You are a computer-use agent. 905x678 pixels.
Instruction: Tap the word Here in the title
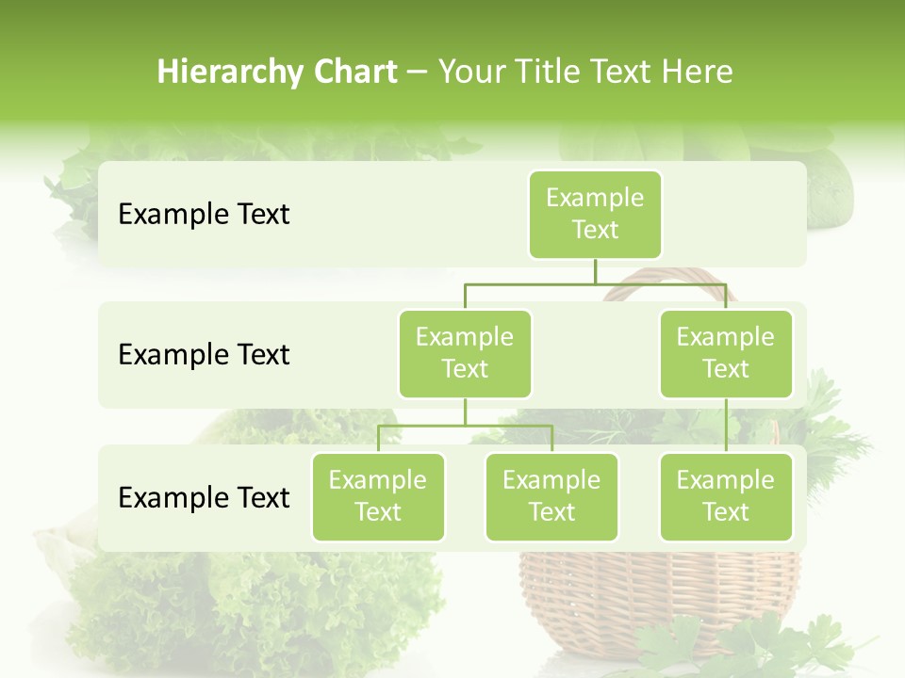pyautogui.click(x=699, y=73)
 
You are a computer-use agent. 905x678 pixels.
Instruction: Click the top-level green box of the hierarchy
pyautogui.click(x=595, y=215)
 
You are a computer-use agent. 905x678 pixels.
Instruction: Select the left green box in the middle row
pyautogui.click(x=465, y=353)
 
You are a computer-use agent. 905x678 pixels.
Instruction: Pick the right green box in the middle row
pyautogui.click(x=726, y=353)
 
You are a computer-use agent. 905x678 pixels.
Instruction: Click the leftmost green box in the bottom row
pyautogui.click(x=378, y=496)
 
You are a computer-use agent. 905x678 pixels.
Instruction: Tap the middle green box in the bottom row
pyautogui.click(x=551, y=496)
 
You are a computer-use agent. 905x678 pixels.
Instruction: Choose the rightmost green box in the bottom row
pyautogui.click(x=726, y=496)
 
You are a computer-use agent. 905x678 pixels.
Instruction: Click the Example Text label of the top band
pyautogui.click(x=204, y=215)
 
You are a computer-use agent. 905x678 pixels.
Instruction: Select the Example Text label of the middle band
pyautogui.click(x=204, y=355)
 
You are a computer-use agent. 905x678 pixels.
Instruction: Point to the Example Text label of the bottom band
pyautogui.click(x=204, y=497)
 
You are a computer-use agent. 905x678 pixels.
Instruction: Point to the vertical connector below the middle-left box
pyautogui.click(x=465, y=412)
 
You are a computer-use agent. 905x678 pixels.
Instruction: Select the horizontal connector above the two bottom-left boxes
pyautogui.click(x=465, y=426)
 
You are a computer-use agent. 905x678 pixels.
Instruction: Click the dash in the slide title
pyautogui.click(x=418, y=73)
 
